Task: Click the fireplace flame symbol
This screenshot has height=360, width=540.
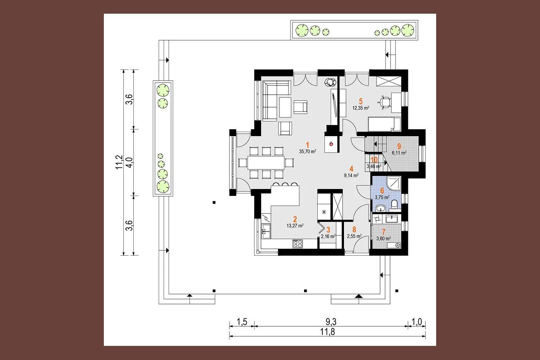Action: pos(331,144)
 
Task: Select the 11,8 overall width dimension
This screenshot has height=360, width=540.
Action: pos(327,332)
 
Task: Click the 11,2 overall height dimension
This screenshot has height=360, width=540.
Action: pos(119,162)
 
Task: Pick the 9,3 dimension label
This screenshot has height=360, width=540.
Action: pos(331,322)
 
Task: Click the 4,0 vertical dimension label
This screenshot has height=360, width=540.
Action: pos(130,162)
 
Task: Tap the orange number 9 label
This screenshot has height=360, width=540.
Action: pos(399,146)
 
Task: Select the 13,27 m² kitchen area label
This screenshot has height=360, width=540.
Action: pos(295,226)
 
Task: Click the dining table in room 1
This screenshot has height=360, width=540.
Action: pos(266,162)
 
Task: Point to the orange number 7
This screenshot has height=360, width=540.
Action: pos(383,232)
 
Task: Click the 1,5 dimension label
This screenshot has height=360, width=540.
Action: pos(242,322)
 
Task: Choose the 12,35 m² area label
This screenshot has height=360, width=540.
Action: pos(361,108)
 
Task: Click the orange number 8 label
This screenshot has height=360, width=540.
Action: pos(354,229)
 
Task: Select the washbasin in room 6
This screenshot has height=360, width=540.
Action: pos(380,208)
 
